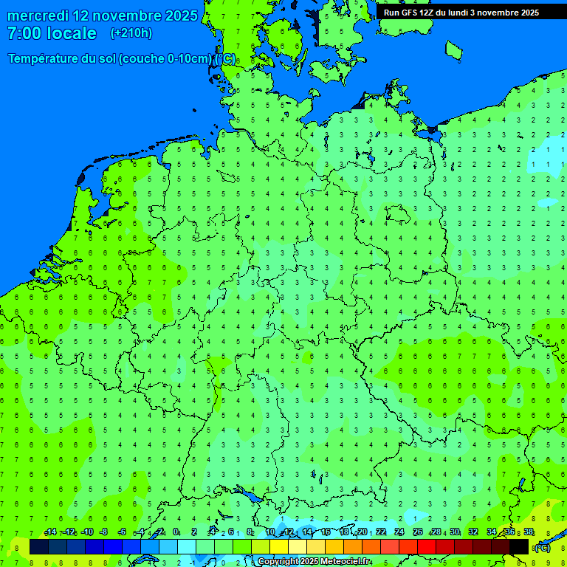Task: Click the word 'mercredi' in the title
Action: click(38, 16)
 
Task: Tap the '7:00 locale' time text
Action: click(52, 33)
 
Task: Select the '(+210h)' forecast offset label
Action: click(131, 33)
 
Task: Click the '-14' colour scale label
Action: click(50, 532)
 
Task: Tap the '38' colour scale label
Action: click(529, 532)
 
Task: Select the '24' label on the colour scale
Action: click(399, 532)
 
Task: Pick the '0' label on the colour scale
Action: click(176, 532)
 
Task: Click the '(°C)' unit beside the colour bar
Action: click(542, 547)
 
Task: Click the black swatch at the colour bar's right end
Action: click(519, 547)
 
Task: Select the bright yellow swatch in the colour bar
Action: click(279, 547)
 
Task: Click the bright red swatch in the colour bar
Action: click(427, 547)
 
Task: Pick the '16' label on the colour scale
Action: click(326, 532)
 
